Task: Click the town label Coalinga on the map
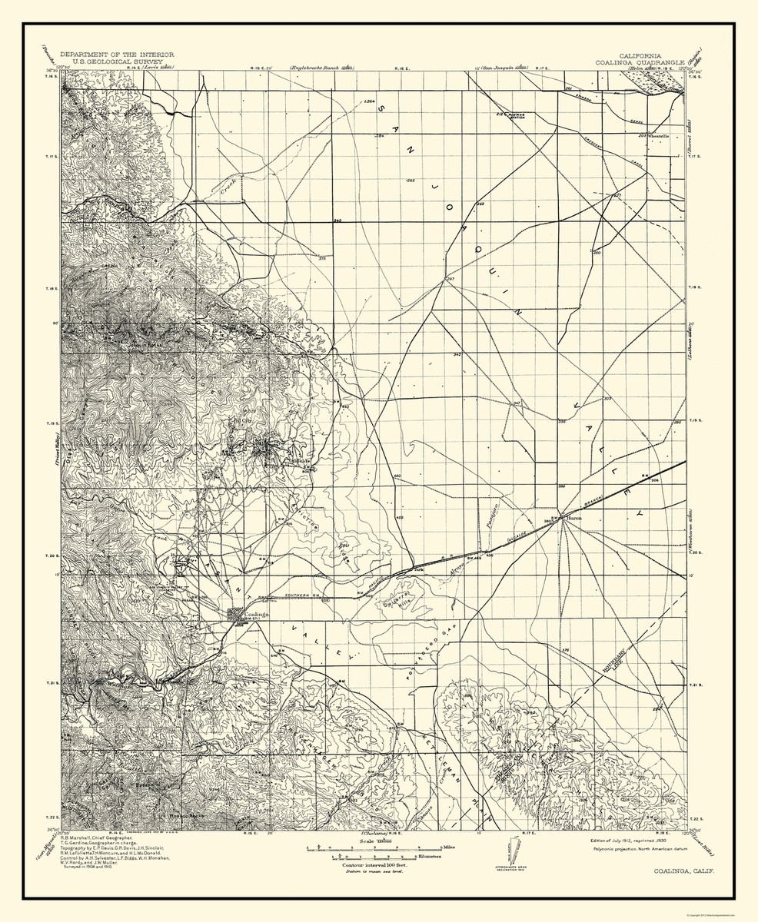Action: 254,615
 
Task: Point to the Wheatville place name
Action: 660,135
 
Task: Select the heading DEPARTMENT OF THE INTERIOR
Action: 117,55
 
